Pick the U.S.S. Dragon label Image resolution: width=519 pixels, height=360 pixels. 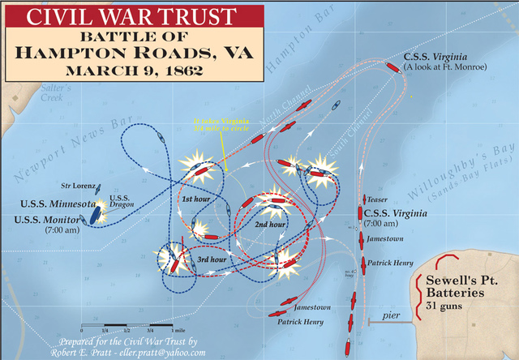pyautogui.click(x=119, y=202)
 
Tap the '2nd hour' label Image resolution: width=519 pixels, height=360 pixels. pyautogui.click(x=271, y=224)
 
